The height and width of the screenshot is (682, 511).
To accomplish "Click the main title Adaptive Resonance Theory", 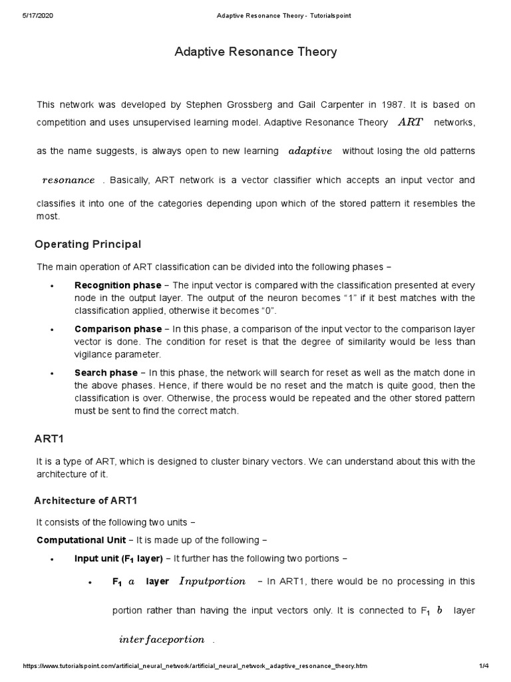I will (255, 51).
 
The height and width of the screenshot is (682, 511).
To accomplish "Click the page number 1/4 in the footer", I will (484, 666).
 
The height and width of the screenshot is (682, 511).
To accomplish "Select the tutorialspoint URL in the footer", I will (195, 666).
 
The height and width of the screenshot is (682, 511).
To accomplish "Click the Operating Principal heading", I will (88, 244).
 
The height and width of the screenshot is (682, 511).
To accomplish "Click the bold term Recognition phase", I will (118, 285).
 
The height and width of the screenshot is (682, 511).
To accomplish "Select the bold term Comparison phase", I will (118, 329).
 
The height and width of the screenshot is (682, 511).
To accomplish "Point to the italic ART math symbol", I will (410, 123).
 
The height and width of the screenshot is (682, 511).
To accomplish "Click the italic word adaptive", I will (310, 151).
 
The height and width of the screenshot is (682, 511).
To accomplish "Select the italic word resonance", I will (69, 180).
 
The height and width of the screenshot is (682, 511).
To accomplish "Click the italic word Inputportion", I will (212, 581).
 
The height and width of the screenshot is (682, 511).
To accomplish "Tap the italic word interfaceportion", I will (162, 639).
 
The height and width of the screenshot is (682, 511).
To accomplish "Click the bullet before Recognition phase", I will (51, 286).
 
